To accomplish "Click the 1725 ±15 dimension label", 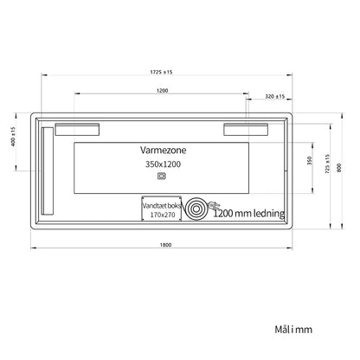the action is [x=161, y=72].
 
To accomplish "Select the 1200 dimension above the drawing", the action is [x=162, y=91].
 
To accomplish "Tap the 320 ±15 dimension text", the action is [x=275, y=96].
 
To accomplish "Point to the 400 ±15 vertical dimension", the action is [x=13, y=136].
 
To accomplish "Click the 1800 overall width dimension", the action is [x=165, y=245].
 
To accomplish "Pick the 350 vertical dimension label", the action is [x=310, y=160].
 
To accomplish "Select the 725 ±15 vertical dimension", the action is [x=327, y=164].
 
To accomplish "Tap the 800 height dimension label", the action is [x=339, y=168].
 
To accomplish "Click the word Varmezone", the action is [x=164, y=150].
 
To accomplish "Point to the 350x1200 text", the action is [x=163, y=164].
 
